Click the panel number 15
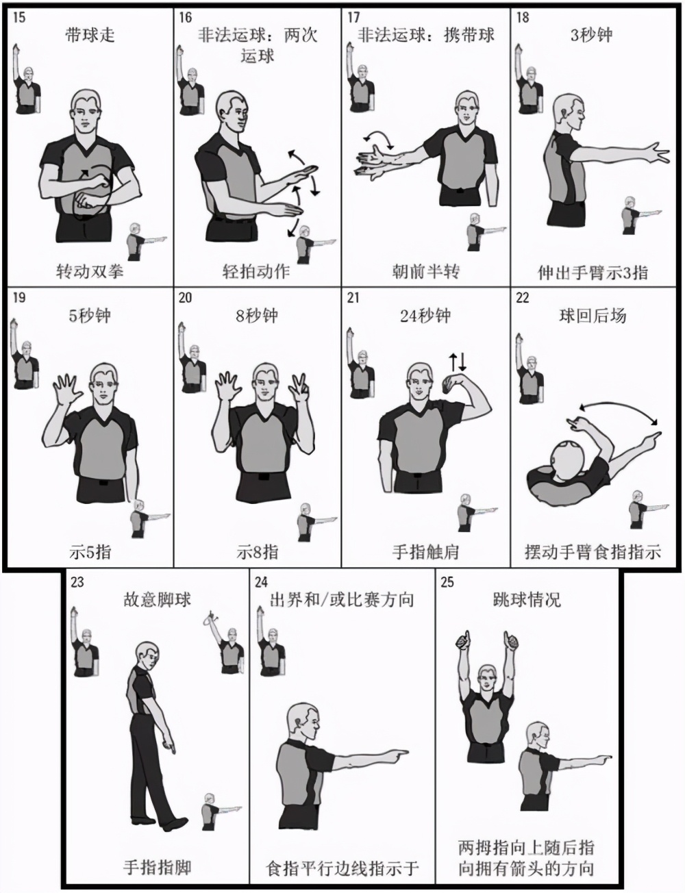19,18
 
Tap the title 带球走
90,36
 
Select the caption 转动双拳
90,272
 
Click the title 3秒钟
592,36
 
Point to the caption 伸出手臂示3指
593,273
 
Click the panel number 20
185,297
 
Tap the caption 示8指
258,551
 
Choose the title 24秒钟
425,316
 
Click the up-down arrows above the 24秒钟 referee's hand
458,362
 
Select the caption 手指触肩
425,552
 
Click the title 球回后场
593,316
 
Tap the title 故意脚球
158,600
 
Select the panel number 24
262,582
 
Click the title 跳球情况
527,600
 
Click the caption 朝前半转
425,272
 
